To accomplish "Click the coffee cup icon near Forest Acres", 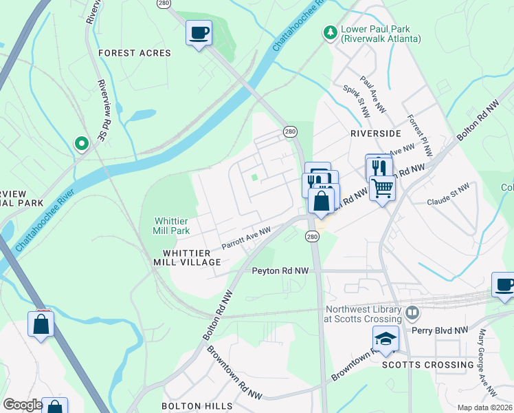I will coord(199,33).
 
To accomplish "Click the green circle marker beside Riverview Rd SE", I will coord(81,143).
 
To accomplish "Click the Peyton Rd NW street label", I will coord(281,271).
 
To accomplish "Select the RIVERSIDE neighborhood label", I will coord(375,133).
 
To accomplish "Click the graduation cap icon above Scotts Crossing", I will coord(385,339).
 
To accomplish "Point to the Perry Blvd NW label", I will coord(439,330).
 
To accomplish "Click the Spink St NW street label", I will coord(356,100).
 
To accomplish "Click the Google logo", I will coord(23,405).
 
